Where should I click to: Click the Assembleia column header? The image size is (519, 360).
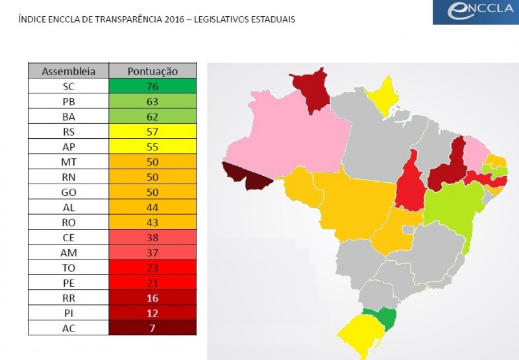point(68,71)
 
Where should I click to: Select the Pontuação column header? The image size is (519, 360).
point(152,71)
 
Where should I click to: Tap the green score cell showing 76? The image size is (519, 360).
point(152,86)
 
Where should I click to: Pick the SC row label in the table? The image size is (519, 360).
point(68,86)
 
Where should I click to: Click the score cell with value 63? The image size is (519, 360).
point(152,101)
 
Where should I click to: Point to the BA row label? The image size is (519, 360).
point(68,117)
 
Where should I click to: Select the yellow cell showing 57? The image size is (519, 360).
point(152,132)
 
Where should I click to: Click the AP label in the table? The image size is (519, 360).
point(68,147)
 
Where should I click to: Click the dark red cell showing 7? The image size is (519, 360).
point(152,328)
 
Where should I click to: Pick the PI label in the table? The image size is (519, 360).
point(68,313)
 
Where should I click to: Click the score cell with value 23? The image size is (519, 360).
point(152,268)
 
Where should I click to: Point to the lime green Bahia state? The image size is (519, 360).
point(454,208)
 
